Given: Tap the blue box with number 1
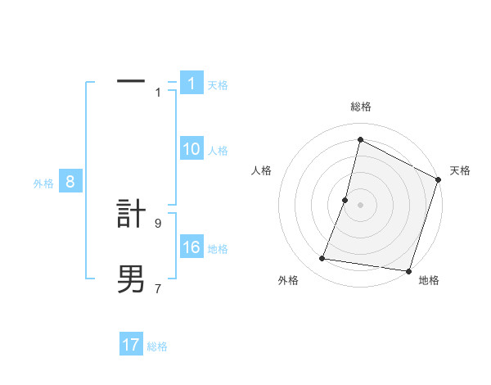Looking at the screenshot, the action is click(x=191, y=84).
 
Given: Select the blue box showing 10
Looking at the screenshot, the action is click(x=191, y=149).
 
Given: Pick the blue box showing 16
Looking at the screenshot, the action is click(x=191, y=248).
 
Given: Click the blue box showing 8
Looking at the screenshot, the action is click(x=70, y=183).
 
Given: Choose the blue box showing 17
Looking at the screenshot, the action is click(x=131, y=345).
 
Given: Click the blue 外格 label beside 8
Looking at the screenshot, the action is click(x=43, y=183).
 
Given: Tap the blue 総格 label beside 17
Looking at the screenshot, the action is click(x=157, y=346).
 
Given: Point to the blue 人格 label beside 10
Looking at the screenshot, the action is click(x=218, y=151).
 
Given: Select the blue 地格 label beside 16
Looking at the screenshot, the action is click(x=218, y=249).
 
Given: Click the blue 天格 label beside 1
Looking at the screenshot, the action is click(x=218, y=85).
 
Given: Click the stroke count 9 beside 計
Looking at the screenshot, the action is click(x=158, y=222).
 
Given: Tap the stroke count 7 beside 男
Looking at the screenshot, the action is click(x=158, y=288).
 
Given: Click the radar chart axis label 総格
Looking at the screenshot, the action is click(x=360, y=106).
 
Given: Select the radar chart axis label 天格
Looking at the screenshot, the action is click(x=460, y=170).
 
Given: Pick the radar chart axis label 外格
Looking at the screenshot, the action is click(x=288, y=280).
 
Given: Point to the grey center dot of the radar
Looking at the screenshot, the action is click(x=360, y=205).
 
